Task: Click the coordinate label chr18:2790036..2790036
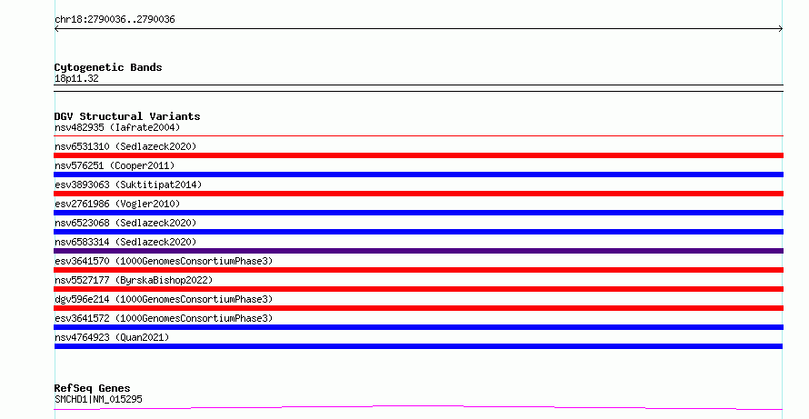pyautogui.click(x=115, y=20)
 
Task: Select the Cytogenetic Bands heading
pyautogui.click(x=108, y=67)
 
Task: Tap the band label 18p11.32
pyautogui.click(x=76, y=78)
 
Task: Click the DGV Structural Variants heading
pyautogui.click(x=127, y=116)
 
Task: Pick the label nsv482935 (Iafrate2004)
pyautogui.click(x=117, y=127)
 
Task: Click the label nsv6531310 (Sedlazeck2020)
pyautogui.click(x=125, y=146)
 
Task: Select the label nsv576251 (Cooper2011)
pyautogui.click(x=115, y=165)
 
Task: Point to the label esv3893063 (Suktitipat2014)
pyautogui.click(x=128, y=185)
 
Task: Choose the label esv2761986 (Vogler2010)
pyautogui.click(x=117, y=204)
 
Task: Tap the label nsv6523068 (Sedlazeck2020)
pyautogui.click(x=125, y=223)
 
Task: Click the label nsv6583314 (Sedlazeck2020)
pyautogui.click(x=125, y=242)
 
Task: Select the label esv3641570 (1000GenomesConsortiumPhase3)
pyautogui.click(x=164, y=261)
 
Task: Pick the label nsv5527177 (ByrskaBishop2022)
pyautogui.click(x=134, y=280)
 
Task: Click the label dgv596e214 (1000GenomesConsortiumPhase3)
pyautogui.click(x=164, y=299)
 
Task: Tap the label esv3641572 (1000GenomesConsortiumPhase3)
pyautogui.click(x=164, y=318)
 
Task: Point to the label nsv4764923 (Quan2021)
pyautogui.click(x=112, y=337)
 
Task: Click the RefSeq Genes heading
pyautogui.click(x=93, y=388)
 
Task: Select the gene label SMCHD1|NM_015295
pyautogui.click(x=98, y=399)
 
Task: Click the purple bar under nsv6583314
pyautogui.click(x=418, y=251)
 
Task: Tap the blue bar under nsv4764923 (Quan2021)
pyautogui.click(x=418, y=346)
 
